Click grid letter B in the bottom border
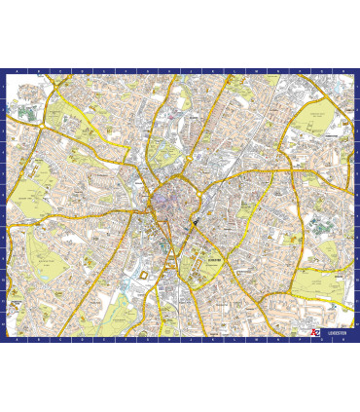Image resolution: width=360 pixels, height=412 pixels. [x=37, y=339]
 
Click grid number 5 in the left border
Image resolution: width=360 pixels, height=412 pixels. [x=3, y=173]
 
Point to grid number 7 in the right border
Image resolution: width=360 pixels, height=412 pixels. [x=356, y=216]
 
